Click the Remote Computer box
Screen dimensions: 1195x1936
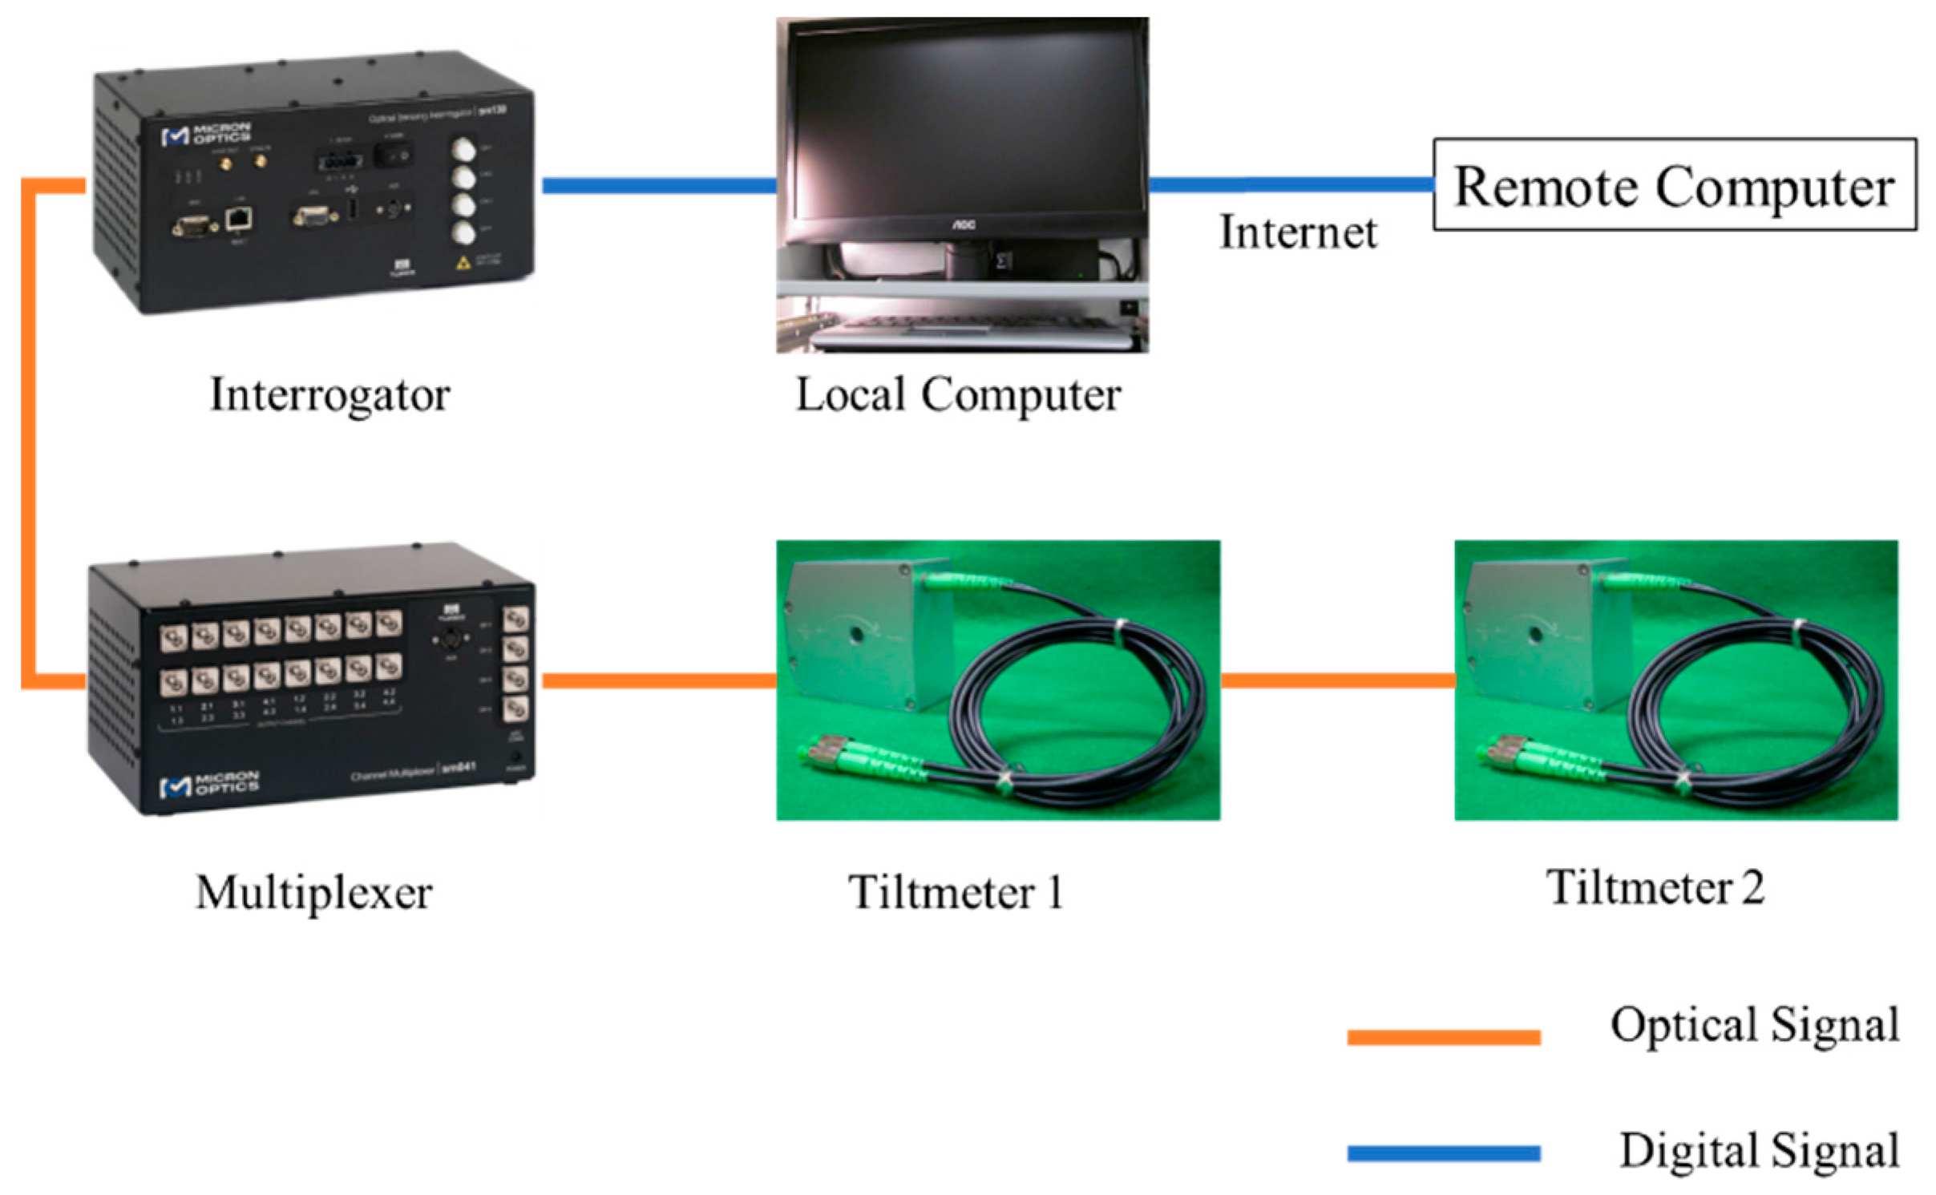[1674, 185]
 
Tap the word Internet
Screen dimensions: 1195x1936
[1297, 233]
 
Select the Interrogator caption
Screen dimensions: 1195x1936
[329, 395]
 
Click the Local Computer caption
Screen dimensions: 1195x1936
[957, 395]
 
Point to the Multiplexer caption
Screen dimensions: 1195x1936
[313, 892]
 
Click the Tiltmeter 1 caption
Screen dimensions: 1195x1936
[956, 892]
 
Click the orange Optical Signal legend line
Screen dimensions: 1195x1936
[1443, 1037]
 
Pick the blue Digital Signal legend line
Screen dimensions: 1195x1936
[1443, 1153]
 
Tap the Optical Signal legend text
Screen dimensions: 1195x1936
[1754, 1025]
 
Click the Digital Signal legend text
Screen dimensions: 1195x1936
[1759, 1150]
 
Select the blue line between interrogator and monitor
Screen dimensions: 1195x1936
[659, 186]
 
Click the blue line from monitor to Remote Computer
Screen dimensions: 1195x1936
[1291, 184]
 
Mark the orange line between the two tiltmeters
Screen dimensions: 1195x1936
[1337, 680]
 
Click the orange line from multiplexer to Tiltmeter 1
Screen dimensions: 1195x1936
[659, 680]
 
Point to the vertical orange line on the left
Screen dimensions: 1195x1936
[29, 433]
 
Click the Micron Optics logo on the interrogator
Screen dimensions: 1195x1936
[206, 134]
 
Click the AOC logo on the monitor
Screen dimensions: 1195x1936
[963, 225]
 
